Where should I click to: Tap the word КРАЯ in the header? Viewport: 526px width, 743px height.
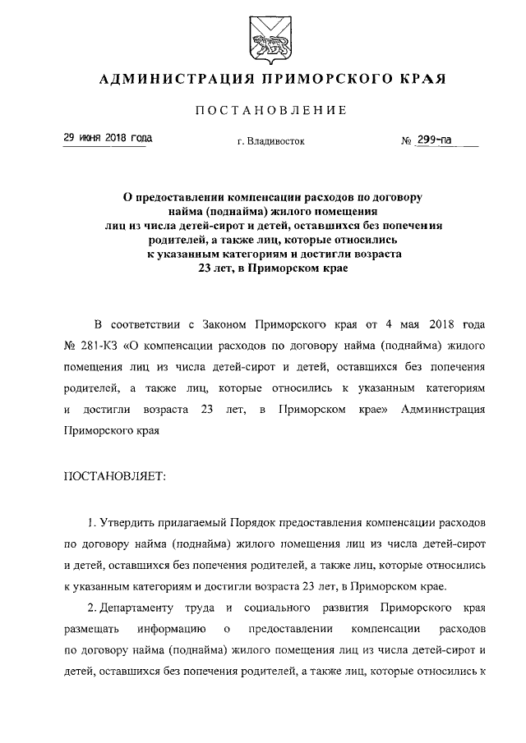[419, 80]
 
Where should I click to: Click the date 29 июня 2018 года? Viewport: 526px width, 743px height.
[108, 139]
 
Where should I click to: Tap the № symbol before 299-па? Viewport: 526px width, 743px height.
[406, 141]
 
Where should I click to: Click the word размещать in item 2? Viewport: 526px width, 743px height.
[86, 629]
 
